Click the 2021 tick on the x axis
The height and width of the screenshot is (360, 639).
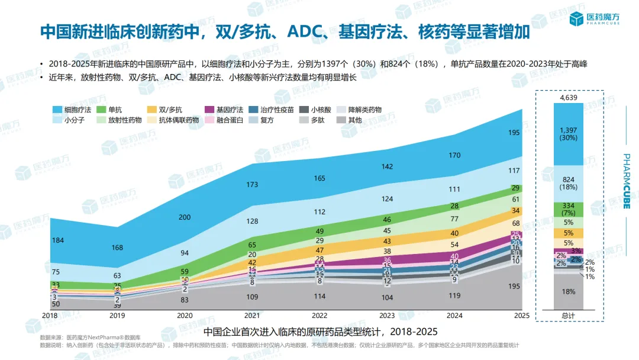point(253,316)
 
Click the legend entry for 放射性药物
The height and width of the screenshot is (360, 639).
point(118,120)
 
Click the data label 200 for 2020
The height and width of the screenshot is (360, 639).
point(185,217)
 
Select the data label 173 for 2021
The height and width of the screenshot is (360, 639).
point(253,185)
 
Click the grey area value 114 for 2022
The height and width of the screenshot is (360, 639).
point(319,297)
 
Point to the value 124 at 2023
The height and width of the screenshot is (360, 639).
point(388,199)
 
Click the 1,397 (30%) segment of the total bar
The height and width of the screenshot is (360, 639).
point(569,134)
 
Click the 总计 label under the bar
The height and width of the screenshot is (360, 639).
point(569,316)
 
